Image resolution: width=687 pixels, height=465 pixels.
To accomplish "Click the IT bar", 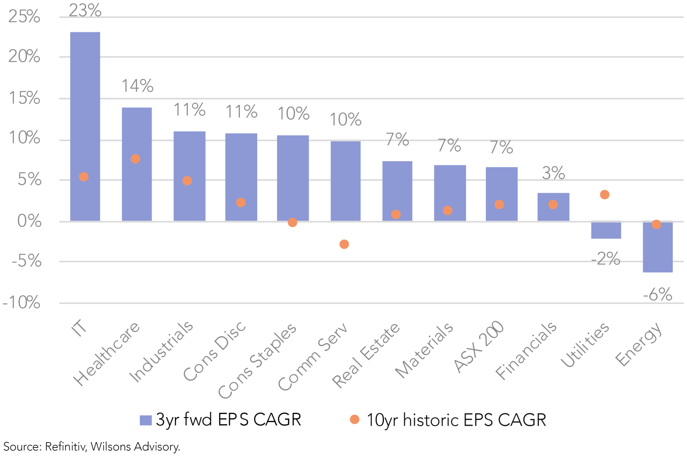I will pyautogui.click(x=85, y=126).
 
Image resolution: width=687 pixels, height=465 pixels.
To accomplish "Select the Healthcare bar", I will pyautogui.click(x=137, y=164).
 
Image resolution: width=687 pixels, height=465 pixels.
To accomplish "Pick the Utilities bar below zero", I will pyautogui.click(x=606, y=230).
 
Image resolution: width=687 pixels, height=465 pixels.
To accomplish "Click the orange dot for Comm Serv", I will pyautogui.click(x=344, y=244).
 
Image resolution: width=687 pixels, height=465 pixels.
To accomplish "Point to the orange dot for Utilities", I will pyautogui.click(x=605, y=195).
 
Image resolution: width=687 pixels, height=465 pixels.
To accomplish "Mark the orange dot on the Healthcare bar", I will pyautogui.click(x=135, y=159).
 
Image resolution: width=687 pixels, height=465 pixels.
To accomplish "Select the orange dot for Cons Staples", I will pyautogui.click(x=292, y=222).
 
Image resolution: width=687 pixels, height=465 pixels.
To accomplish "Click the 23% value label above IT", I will pyautogui.click(x=85, y=10).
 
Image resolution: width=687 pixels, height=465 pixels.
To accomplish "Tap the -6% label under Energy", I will pyautogui.click(x=657, y=294).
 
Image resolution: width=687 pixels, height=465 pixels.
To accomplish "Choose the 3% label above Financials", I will pyautogui.click(x=553, y=173).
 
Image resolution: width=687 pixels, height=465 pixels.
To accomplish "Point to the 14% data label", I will pyautogui.click(x=137, y=86).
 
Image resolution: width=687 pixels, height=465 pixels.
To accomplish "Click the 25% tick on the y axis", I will pyautogui.click(x=24, y=17).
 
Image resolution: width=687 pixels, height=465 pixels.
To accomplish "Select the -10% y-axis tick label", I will pyautogui.click(x=21, y=303).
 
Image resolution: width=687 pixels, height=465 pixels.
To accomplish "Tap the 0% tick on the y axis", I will pyautogui.click(x=29, y=221).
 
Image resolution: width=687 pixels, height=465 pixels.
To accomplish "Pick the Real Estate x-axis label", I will pyautogui.click(x=366, y=355).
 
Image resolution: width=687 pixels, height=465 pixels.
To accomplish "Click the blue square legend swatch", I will pyautogui.click(x=146, y=420).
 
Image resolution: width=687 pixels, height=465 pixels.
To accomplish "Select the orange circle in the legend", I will pyautogui.click(x=355, y=420).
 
